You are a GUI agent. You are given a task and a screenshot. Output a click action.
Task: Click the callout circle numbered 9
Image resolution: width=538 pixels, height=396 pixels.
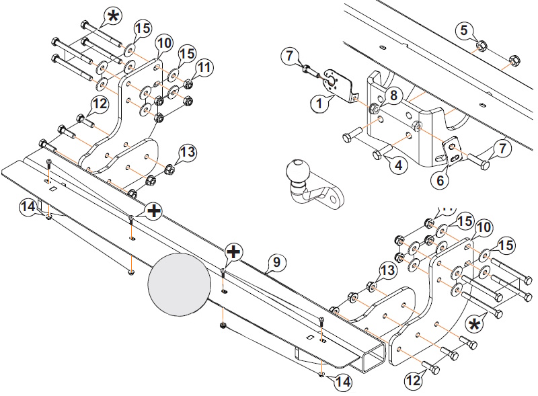pyautogui.click(x=276, y=262)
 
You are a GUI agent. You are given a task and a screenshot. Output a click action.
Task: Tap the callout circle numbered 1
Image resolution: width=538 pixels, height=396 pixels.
pyautogui.click(x=319, y=103)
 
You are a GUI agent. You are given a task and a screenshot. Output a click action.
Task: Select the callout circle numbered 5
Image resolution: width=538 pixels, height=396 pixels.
pyautogui.click(x=464, y=30)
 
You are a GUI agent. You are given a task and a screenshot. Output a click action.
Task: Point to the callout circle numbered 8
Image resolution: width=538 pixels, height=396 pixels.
pyautogui.click(x=393, y=95)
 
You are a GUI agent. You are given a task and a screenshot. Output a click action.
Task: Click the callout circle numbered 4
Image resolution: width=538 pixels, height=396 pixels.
pyautogui.click(x=398, y=166)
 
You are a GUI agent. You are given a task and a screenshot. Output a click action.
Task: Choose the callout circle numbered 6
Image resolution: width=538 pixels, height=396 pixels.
pyautogui.click(x=440, y=180)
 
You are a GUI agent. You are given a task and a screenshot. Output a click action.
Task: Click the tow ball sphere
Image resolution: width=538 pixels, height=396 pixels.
pyautogui.click(x=297, y=169)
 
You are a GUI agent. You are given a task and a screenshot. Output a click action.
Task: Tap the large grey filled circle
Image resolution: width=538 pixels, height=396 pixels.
pyautogui.click(x=180, y=284)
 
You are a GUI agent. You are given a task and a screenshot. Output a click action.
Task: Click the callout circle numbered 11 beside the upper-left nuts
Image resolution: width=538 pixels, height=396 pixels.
pyautogui.click(x=204, y=67)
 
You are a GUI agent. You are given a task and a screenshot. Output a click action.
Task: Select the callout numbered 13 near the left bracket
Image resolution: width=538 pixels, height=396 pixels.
pyautogui.click(x=187, y=152)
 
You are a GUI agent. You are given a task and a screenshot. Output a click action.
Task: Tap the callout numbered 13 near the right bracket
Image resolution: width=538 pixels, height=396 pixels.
pyautogui.click(x=387, y=270)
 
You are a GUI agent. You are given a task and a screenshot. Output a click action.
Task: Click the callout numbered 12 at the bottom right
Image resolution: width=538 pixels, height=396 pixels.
pyautogui.click(x=414, y=380)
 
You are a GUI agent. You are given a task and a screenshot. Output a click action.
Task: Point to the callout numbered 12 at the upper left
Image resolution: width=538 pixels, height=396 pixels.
pyautogui.click(x=100, y=104)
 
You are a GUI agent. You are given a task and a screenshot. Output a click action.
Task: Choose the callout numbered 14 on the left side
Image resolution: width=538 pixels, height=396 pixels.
pyautogui.click(x=28, y=207)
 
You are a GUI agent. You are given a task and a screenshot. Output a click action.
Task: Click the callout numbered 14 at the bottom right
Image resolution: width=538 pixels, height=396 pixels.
pyautogui.click(x=343, y=382)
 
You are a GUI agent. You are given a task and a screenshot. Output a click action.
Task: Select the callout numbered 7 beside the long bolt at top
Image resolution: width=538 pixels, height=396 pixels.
pyautogui.click(x=290, y=55)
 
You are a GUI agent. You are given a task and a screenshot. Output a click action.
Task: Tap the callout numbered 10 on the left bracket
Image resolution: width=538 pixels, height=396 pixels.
pyautogui.click(x=164, y=43)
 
